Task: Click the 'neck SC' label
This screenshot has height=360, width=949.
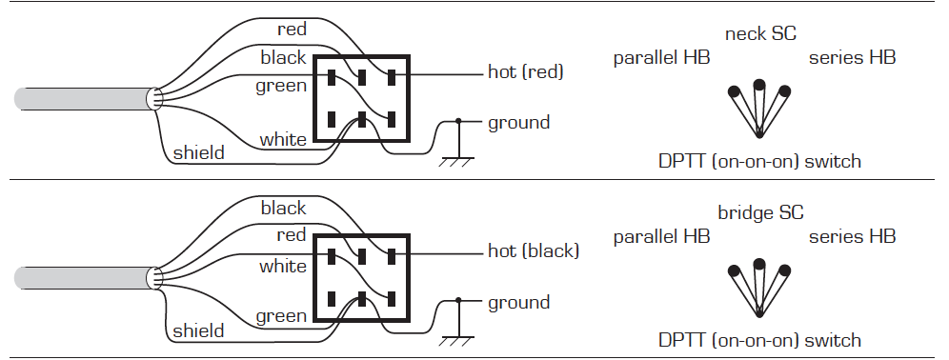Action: pyautogui.click(x=760, y=34)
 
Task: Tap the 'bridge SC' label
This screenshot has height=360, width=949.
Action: pyautogui.click(x=760, y=213)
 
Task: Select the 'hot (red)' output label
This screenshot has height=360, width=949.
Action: pyautogui.click(x=525, y=72)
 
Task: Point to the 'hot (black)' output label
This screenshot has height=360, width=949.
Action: pyautogui.click(x=534, y=250)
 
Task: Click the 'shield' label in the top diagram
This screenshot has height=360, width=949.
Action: pyautogui.click(x=198, y=152)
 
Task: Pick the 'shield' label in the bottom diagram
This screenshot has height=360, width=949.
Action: pyautogui.click(x=198, y=331)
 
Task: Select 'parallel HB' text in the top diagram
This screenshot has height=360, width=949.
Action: pyautogui.click(x=661, y=58)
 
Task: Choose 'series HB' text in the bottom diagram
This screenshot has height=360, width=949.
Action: pyautogui.click(x=852, y=236)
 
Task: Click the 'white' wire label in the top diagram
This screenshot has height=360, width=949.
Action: pyautogui.click(x=283, y=140)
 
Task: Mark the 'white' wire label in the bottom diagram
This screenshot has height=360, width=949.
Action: pyautogui.click(x=283, y=267)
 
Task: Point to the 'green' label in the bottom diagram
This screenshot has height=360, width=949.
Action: pyautogui.click(x=281, y=316)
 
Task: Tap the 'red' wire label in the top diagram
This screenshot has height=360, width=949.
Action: pyautogui.click(x=292, y=29)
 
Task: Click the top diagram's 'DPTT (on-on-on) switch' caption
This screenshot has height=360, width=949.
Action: pyautogui.click(x=759, y=162)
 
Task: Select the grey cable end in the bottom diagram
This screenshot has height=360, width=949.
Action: pyautogui.click(x=85, y=278)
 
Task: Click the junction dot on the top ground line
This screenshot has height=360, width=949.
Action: pyautogui.click(x=458, y=122)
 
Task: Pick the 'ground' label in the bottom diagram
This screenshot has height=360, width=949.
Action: pyautogui.click(x=518, y=303)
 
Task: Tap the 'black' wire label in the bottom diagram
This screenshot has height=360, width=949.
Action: pyautogui.click(x=283, y=208)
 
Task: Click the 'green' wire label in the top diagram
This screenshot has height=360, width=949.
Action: pyautogui.click(x=281, y=86)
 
